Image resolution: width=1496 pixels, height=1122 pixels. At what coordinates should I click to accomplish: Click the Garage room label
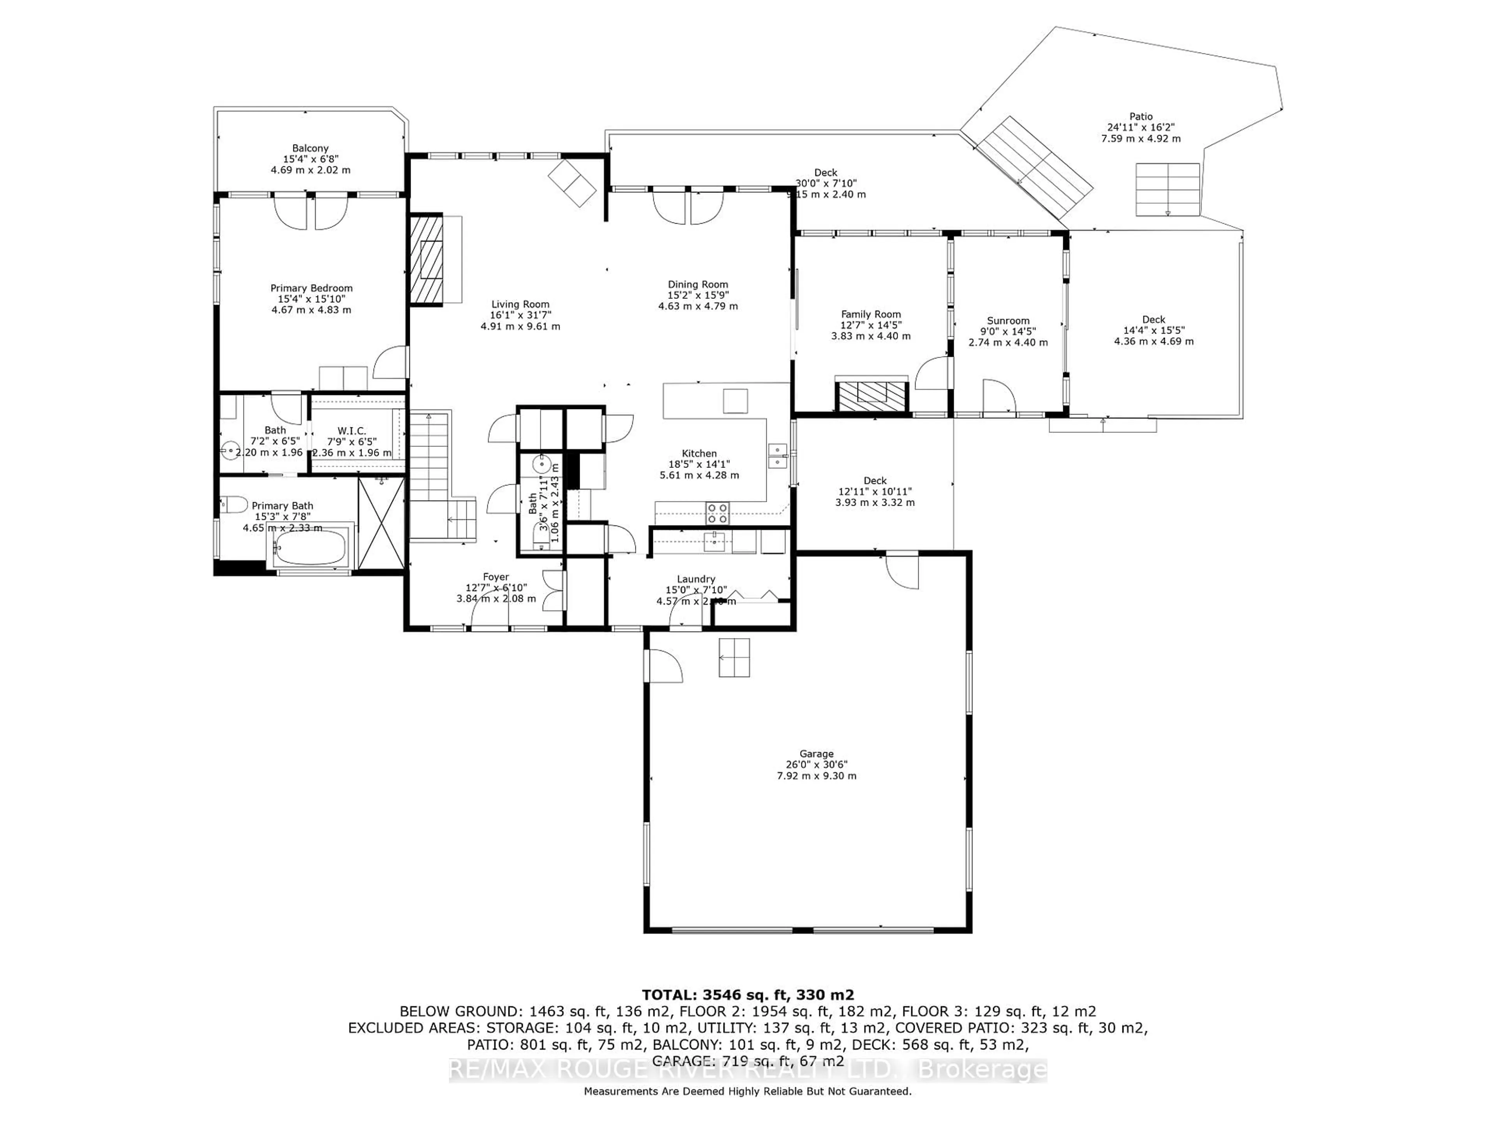[816, 753]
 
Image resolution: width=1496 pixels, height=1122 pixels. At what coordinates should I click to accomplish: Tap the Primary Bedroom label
[311, 288]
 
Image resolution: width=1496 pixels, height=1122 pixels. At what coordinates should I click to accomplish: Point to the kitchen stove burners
[718, 513]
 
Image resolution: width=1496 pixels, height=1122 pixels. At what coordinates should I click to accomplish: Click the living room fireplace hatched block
[427, 260]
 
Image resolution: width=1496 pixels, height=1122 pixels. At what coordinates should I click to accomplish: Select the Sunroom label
[1008, 321]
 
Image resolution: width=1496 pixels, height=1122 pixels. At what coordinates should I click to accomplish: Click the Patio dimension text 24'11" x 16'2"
[1141, 127]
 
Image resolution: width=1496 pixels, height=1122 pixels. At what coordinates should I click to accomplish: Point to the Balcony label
[310, 148]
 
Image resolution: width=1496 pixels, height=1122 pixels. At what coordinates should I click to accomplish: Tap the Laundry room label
[696, 579]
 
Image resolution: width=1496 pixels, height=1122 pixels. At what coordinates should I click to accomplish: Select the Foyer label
[496, 577]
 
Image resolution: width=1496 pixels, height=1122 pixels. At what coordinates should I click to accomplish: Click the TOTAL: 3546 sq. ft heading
[747, 995]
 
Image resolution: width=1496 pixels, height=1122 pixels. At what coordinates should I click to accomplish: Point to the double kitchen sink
[778, 456]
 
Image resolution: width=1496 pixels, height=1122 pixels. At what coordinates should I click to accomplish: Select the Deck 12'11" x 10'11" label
[875, 481]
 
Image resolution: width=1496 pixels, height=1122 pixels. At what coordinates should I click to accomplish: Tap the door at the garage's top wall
[902, 570]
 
